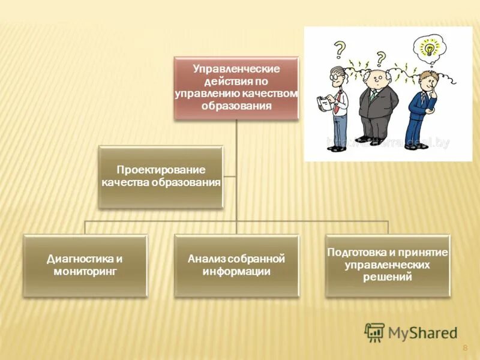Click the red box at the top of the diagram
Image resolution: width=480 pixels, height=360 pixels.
point(236,88)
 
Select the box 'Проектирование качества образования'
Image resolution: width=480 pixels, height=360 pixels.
point(161,177)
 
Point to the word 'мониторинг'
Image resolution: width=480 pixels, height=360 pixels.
point(85,271)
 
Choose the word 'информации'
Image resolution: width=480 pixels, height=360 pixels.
point(236,271)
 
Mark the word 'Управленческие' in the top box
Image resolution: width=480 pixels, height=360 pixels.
point(236,69)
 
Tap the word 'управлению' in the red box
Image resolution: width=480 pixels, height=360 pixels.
point(207,94)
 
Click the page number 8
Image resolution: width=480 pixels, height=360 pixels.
point(465,349)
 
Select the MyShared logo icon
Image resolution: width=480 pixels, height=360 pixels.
point(374,332)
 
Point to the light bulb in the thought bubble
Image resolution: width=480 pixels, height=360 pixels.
point(430,48)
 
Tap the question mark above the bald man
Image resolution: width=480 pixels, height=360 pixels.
point(380,58)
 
